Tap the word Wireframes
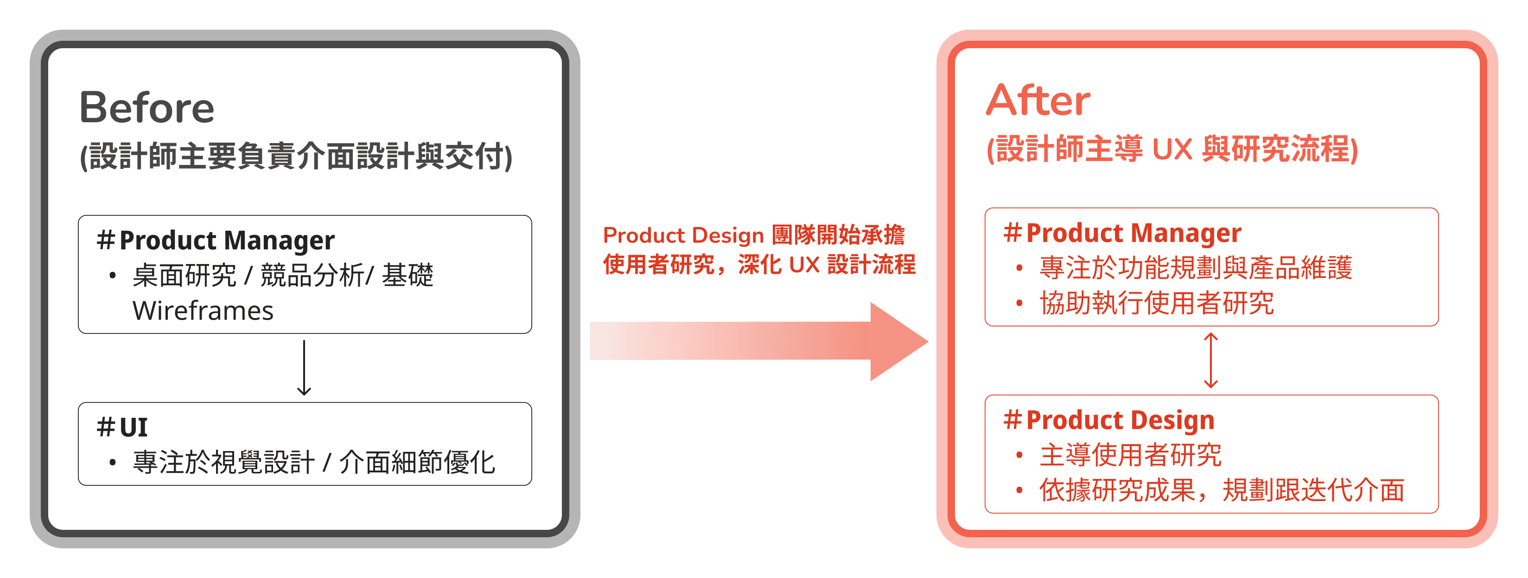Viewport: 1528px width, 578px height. click(x=203, y=311)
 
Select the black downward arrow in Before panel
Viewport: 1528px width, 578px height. click(x=304, y=368)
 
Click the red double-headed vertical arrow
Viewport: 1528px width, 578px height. click(x=1210, y=360)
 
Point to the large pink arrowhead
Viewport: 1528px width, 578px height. click(x=896, y=341)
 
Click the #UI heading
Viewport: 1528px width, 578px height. click(x=122, y=427)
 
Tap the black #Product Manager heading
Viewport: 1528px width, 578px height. click(x=216, y=240)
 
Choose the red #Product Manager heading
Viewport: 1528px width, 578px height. click(x=1122, y=233)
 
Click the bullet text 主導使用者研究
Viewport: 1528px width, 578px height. click(x=1130, y=455)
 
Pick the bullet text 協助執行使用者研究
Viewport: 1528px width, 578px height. click(x=1156, y=303)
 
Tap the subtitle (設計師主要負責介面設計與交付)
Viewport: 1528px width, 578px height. click(x=296, y=157)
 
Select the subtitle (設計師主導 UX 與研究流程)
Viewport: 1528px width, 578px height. click(x=1172, y=149)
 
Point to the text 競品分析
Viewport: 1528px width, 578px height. click(x=312, y=275)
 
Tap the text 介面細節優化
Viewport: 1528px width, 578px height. click(x=417, y=462)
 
